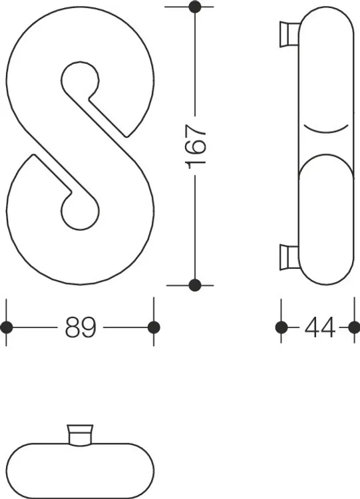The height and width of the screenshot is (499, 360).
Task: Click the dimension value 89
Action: (81, 327)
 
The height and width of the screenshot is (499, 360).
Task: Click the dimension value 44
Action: (320, 327)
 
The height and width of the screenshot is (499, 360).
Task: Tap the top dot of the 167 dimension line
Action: (195, 7)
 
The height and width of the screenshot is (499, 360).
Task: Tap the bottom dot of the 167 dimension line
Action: (195, 285)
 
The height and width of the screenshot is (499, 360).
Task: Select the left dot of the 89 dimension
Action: (7, 327)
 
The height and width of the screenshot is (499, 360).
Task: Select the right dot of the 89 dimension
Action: (154, 327)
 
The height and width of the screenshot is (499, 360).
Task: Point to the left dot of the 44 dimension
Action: (281, 327)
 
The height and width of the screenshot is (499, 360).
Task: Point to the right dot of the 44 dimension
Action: (354, 327)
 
